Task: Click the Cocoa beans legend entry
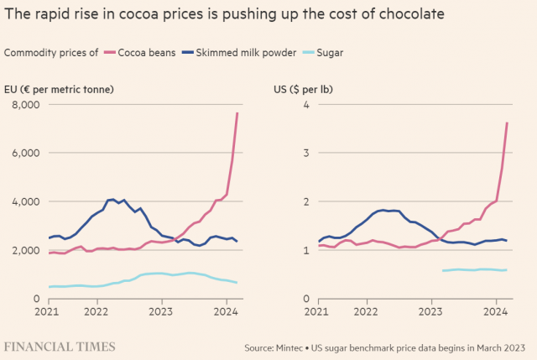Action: pos(143,52)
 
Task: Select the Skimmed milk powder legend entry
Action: pos(246,52)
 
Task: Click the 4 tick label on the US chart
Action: pos(307,105)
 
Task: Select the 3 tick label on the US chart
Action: pos(307,154)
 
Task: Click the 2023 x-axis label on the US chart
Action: pos(430,312)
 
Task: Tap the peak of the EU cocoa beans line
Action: pos(237,112)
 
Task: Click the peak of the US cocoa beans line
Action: pos(507,123)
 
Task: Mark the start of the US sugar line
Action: pos(442,270)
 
